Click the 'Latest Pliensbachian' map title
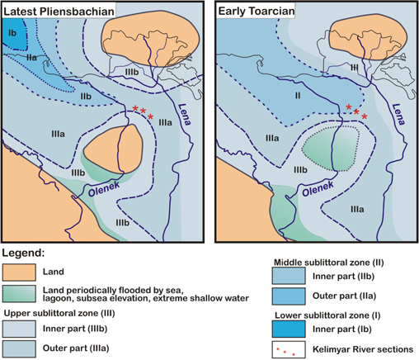click(x=59, y=8)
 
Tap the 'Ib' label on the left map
click(x=12, y=33)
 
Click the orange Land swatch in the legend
click(x=24, y=270)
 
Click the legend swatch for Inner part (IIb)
click(x=293, y=272)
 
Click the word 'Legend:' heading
click(x=30, y=252)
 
